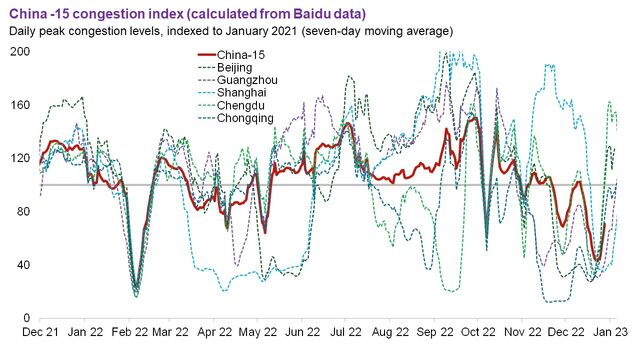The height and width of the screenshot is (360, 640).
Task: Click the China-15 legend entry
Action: (x=246, y=55)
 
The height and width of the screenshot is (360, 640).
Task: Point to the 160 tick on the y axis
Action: (x=19, y=105)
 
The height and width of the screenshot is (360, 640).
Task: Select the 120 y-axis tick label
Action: (x=19, y=158)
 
